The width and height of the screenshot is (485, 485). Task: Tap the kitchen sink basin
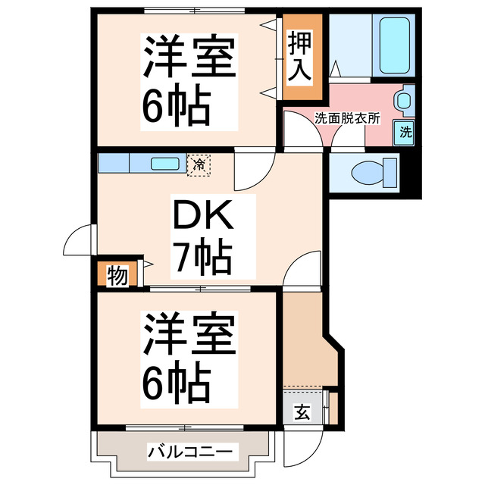[x=164, y=163]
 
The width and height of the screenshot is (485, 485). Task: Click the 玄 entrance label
[x=302, y=412]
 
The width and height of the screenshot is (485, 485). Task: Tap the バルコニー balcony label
[x=183, y=452]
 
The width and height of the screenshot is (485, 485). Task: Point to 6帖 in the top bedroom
[x=176, y=107]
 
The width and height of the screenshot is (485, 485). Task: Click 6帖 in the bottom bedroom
[x=176, y=385]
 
